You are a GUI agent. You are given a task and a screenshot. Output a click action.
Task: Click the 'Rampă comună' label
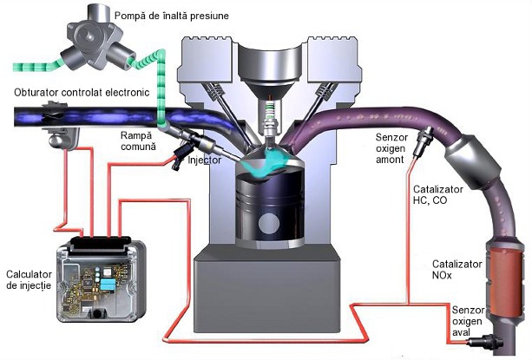(x=139, y=141)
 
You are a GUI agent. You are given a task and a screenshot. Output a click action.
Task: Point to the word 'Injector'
(x=204, y=160)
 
